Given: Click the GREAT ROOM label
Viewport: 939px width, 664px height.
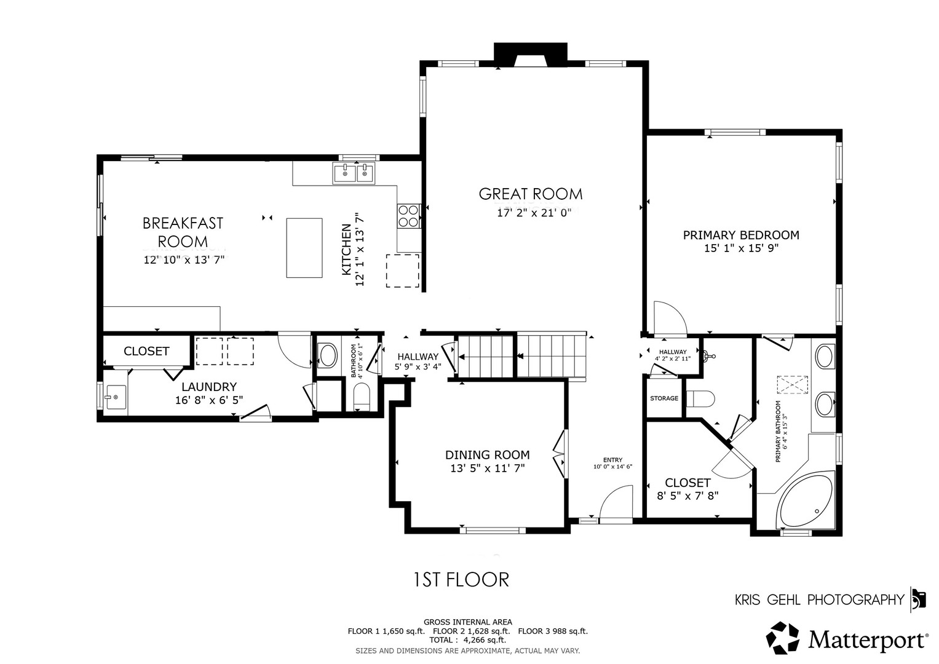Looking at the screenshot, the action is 531,194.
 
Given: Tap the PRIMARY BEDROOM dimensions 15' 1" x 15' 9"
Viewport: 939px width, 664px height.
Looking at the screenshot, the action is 741,248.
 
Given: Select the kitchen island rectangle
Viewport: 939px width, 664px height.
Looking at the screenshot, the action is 304,248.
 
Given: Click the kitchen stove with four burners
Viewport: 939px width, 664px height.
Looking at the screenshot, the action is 408,216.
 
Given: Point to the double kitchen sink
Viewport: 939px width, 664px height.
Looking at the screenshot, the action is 354,173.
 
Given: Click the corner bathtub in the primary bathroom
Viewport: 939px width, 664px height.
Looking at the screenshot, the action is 806,500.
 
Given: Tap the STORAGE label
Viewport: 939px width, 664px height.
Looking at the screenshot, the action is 664,398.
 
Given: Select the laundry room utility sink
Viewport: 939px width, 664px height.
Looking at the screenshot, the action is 115,397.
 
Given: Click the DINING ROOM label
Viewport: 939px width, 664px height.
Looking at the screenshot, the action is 488,455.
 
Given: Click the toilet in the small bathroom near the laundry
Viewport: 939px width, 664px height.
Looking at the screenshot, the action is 362,396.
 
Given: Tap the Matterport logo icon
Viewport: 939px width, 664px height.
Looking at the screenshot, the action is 782,638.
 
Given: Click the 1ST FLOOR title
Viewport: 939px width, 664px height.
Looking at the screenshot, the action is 461,580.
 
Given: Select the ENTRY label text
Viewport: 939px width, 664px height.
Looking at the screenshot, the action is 613,460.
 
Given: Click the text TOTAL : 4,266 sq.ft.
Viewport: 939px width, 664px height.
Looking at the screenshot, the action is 467,640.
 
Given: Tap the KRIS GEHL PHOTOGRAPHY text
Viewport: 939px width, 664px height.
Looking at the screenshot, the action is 820,600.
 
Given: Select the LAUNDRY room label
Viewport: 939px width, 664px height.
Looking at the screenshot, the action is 209,387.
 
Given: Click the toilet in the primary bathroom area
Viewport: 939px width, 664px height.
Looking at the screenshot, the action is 700,398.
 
